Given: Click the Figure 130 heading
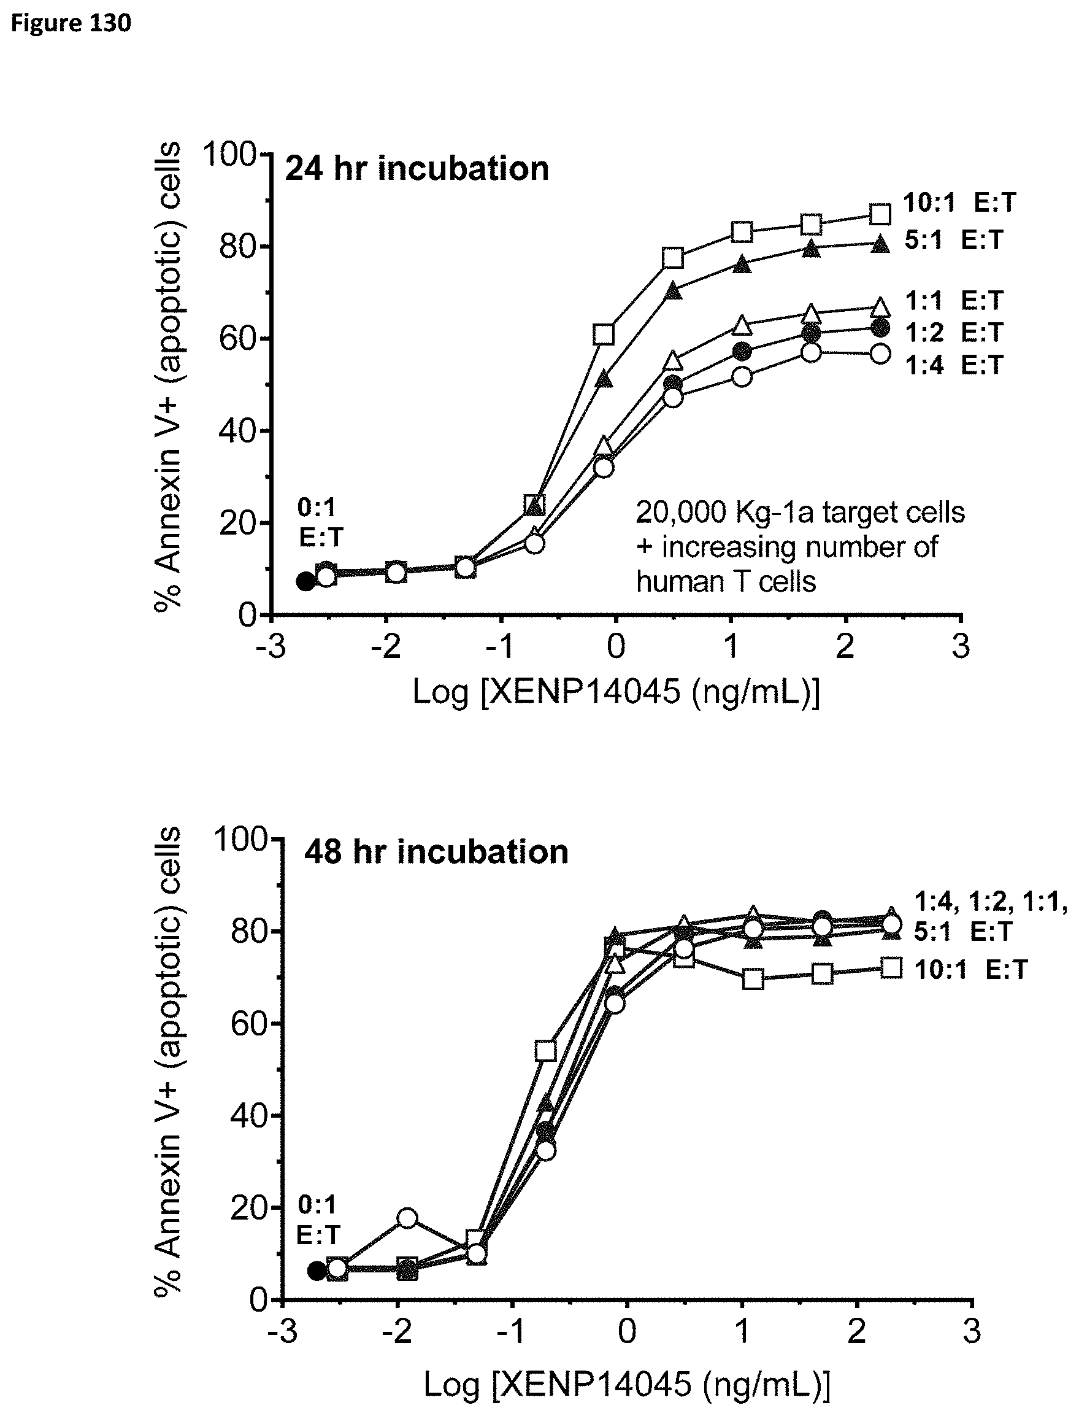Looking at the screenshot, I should point(71,23).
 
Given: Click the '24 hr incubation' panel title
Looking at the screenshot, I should point(417,169).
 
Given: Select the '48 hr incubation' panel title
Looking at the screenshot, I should point(436,852).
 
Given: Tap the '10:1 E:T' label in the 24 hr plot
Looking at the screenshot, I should point(959,203).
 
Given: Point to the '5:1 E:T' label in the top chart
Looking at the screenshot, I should point(953,239).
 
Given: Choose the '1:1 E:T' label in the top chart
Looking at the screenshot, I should point(953,300).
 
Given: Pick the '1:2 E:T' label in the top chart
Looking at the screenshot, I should point(953,332).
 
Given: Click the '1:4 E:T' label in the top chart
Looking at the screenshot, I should point(953,365).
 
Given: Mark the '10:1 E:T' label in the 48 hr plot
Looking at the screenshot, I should point(970,970).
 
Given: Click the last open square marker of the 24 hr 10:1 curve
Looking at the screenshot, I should point(880,214).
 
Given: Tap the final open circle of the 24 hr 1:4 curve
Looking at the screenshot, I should point(880,354).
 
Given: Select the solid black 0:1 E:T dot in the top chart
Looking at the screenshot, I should point(305,581).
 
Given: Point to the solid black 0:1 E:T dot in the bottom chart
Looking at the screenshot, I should point(317,1270).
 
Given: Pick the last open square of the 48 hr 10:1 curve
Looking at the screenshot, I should point(891,967).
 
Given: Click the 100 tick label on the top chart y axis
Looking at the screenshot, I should point(229,155).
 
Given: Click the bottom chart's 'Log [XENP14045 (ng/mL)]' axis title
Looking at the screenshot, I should point(627,1384).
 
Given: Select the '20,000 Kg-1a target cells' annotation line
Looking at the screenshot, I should point(801,513).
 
